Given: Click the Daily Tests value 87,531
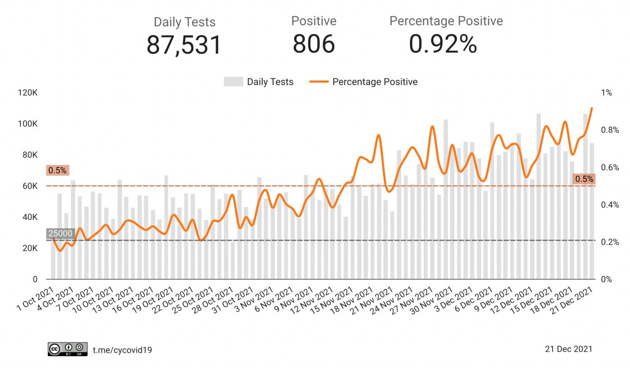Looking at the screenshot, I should (184, 45).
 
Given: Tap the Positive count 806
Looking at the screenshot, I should (314, 44).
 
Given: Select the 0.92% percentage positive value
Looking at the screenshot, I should (443, 44).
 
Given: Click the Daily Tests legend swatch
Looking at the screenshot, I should (233, 82).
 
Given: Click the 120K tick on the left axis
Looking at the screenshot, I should (29, 93).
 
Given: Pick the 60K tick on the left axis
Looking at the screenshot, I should (30, 186).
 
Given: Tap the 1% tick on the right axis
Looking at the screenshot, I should (606, 93).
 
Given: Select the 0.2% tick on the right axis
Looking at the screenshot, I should (609, 242).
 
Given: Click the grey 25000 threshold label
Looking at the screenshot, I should (60, 234).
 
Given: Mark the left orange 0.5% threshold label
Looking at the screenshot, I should (57, 171).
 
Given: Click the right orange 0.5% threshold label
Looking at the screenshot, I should (584, 179).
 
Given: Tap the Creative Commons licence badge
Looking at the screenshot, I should (67, 349).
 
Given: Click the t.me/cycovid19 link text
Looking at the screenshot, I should (123, 350).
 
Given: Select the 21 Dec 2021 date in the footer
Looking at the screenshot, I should (568, 349).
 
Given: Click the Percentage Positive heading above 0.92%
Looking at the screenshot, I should (446, 21).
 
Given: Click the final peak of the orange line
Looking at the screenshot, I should (592, 108).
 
